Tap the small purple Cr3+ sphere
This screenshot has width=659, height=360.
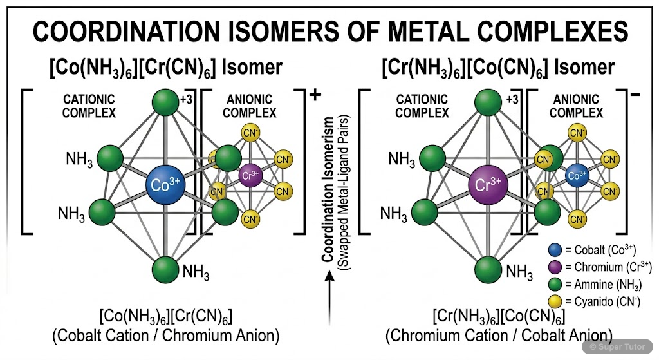(250, 175)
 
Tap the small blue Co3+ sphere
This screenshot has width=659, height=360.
(577, 175)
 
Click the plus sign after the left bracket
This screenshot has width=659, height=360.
(315, 95)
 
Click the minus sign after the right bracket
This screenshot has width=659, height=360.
(635, 95)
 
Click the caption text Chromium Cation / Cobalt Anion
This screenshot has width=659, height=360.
(498, 335)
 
